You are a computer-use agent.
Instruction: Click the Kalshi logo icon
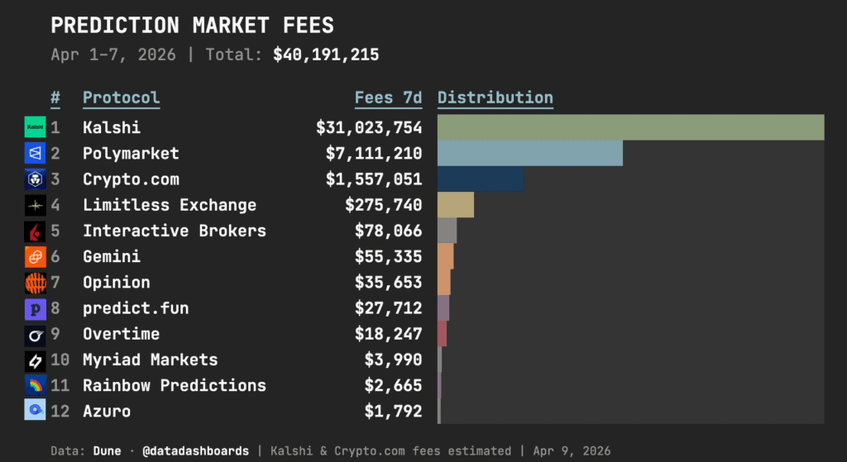(x=35, y=128)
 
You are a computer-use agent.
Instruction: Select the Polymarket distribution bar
(x=529, y=154)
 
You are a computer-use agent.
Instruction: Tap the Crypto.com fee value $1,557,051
(x=374, y=179)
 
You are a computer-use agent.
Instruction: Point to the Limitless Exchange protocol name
(x=170, y=205)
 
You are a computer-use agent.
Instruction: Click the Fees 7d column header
(x=388, y=98)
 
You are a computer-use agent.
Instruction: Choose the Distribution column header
(x=495, y=98)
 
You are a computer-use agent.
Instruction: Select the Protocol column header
(x=121, y=98)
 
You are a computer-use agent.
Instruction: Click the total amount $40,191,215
(x=326, y=55)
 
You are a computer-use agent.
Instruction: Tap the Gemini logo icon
(x=35, y=257)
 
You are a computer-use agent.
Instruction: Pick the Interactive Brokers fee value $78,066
(x=388, y=231)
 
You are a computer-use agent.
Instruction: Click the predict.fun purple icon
(x=35, y=308)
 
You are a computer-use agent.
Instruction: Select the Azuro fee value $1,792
(x=393, y=411)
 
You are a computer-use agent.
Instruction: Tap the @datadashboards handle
(x=195, y=451)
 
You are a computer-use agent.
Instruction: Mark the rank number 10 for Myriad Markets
(x=60, y=360)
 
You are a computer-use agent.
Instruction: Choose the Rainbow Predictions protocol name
(x=175, y=385)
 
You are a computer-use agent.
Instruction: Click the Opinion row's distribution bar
(x=444, y=283)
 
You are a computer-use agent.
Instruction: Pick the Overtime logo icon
(x=35, y=334)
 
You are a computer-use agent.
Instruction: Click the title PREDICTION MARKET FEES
(x=192, y=25)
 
